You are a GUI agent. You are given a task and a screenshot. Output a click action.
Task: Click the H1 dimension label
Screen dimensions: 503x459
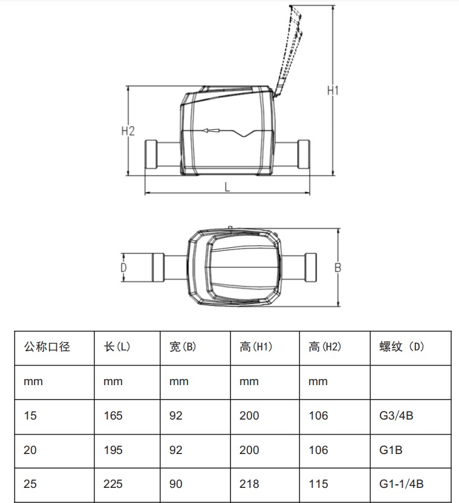pos(333,91)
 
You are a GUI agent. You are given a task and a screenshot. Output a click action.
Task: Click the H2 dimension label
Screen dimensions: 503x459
pos(128,131)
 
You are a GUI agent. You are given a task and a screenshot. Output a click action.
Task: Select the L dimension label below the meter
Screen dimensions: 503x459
pos(227,187)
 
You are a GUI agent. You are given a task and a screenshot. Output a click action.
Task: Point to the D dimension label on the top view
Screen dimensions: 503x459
pos(123,267)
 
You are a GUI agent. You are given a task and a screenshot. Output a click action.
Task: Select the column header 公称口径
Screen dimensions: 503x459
pos(47,347)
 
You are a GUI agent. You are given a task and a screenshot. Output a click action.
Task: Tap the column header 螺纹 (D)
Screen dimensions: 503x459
pos(402,347)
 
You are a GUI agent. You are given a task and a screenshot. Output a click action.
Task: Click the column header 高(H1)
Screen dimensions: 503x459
pos(256,347)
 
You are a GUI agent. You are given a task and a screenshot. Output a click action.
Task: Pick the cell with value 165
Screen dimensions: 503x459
pos(113,416)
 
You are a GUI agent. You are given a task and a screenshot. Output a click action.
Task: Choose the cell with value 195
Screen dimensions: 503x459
pos(113,450)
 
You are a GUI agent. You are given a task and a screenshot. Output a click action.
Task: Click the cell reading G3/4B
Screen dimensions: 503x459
pos(396,416)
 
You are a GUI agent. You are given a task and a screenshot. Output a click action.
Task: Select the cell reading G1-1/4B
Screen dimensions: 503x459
pos(401,484)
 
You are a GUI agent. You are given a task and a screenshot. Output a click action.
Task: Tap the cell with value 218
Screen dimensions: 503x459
pos(249,484)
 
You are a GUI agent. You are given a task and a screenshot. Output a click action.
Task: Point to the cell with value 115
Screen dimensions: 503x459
pos(318,484)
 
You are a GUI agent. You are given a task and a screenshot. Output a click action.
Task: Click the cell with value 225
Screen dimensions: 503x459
pos(113,484)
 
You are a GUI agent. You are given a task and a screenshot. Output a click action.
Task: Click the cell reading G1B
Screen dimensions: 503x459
pos(391,450)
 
